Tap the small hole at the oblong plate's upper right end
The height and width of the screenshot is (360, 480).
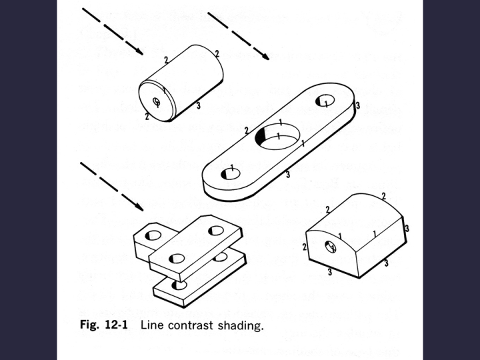pos(325,101)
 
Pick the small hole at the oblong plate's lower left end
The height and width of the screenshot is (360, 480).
pos(231,173)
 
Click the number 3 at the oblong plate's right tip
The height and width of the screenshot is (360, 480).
pos(358,105)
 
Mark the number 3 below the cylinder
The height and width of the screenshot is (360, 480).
pos(198,105)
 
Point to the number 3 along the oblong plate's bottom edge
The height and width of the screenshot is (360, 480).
pos(287,175)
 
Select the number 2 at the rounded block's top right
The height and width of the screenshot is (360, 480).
pos(383,195)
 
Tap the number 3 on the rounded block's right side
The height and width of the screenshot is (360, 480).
pos(407,228)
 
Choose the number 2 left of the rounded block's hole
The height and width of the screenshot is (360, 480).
pos(305,247)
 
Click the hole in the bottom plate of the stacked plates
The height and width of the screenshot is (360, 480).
pos(177,285)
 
